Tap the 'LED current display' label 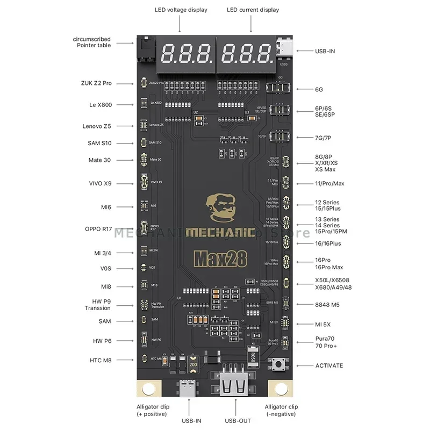[253, 10]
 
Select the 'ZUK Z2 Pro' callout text [96, 84]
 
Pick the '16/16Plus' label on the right [328, 243]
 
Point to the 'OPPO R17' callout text [98, 229]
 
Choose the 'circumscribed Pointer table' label [92, 42]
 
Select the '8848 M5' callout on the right [327, 304]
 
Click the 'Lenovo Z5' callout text [97, 126]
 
